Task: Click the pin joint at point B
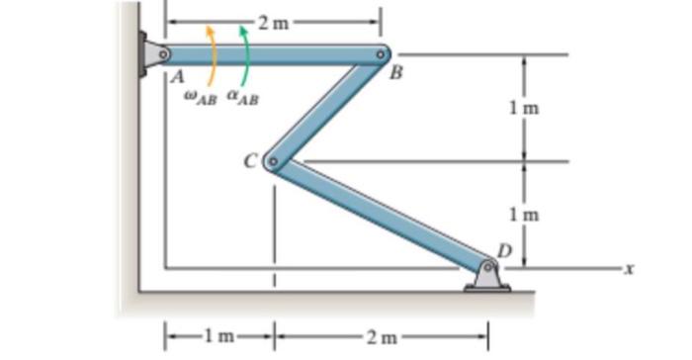pos(382,54)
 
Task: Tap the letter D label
pos(503,250)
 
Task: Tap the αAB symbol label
pos(242,97)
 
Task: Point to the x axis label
pos(624,267)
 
